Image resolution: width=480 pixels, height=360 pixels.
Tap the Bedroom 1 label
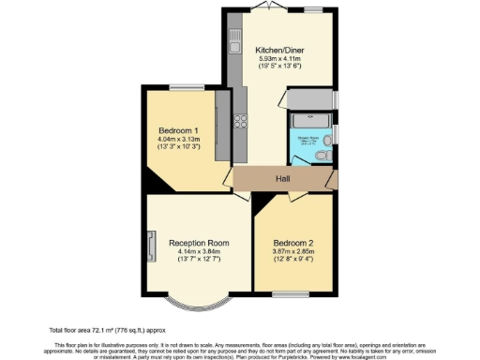coord(177,129)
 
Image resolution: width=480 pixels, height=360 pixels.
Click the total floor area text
coord(94,331)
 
